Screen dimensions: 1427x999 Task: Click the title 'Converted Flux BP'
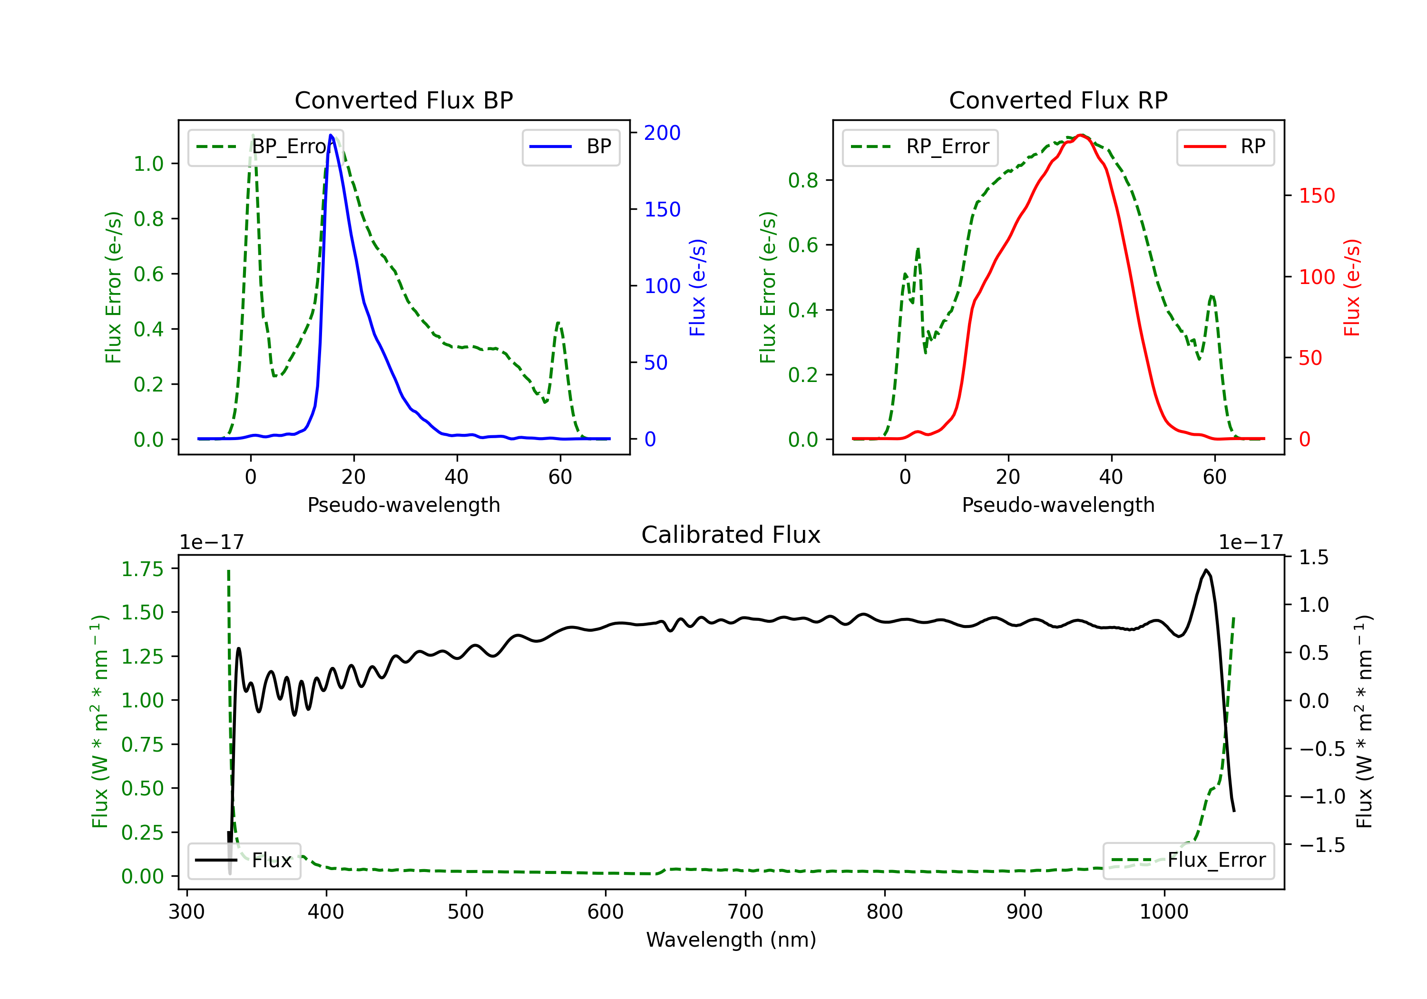[x=403, y=100]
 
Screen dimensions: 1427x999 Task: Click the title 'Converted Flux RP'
[x=1058, y=100]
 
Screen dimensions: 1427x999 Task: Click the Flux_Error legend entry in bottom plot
[x=1188, y=861]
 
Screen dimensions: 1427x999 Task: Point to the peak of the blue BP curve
[x=331, y=135]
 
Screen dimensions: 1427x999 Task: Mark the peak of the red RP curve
[x=1082, y=135]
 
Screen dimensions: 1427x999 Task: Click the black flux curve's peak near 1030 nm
[x=1206, y=569]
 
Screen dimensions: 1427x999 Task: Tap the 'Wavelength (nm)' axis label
[x=731, y=940]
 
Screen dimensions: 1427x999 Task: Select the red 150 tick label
[x=1317, y=196]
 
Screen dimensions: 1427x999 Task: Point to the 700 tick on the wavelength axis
[x=745, y=911]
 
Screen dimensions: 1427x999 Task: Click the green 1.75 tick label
[x=142, y=569]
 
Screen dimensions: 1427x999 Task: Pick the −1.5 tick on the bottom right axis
[x=1322, y=845]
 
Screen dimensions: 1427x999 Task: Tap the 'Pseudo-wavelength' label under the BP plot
[x=404, y=505]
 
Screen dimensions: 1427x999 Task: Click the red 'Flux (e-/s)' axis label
[x=1352, y=287]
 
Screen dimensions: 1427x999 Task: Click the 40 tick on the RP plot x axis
[x=1111, y=477]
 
